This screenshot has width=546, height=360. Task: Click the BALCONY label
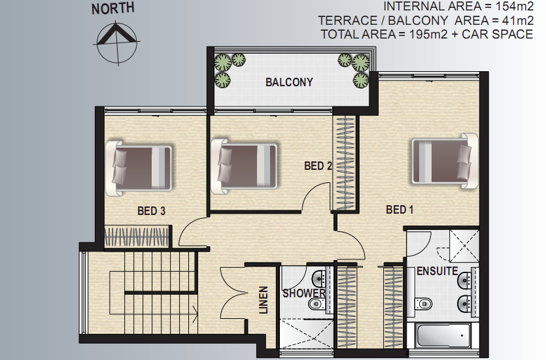point(289,82)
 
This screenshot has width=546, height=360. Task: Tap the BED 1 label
point(400,209)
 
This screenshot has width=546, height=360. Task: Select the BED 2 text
point(318,166)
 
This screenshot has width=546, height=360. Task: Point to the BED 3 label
point(151,211)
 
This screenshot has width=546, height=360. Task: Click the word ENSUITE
point(437,271)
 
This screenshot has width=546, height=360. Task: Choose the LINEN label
point(264,300)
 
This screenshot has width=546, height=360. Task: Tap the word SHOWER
point(303,293)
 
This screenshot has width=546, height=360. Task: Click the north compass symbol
point(117,43)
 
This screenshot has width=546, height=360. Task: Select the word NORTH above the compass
point(113,8)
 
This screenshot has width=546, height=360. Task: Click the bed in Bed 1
point(445,161)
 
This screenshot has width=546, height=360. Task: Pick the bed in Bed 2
point(244,166)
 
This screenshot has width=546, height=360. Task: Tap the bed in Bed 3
point(139,169)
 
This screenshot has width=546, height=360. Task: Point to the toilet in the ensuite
point(423,303)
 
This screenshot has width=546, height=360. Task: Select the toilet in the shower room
point(318,304)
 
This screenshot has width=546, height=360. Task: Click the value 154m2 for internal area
point(514,7)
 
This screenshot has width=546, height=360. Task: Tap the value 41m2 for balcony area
point(518,20)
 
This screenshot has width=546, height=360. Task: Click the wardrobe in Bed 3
point(137,237)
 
